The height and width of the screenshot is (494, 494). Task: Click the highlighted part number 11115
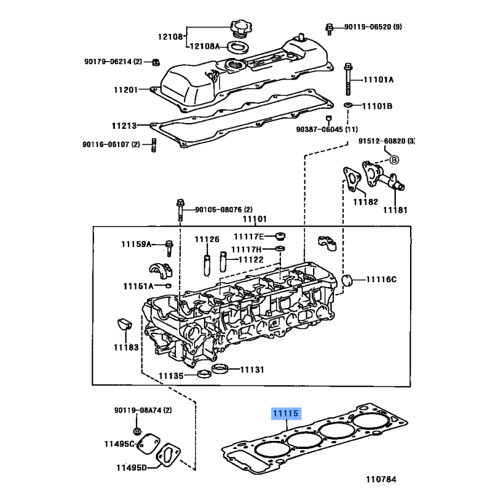[x=287, y=413]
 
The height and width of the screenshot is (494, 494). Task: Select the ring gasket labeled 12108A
[x=238, y=48]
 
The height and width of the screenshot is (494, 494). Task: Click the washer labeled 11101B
[x=348, y=104]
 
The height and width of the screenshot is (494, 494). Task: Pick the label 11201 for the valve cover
[x=126, y=90]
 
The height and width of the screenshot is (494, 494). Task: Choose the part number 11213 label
[x=124, y=126]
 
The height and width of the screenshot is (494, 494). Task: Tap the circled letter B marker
[x=394, y=160]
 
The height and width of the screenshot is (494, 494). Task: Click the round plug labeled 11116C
[x=348, y=280]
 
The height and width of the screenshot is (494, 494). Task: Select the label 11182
[x=365, y=202]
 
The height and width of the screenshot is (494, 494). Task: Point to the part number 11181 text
[x=395, y=210]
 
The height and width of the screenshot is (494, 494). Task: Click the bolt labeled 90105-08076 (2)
[x=180, y=210]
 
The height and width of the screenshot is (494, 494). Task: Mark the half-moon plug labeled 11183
[x=124, y=324]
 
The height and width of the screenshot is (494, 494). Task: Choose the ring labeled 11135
[x=204, y=374]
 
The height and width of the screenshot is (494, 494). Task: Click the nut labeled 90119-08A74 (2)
[x=137, y=431]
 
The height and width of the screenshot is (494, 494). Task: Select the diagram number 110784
[x=381, y=479]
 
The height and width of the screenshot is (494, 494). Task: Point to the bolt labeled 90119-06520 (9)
[x=329, y=29]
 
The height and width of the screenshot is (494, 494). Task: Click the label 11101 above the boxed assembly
[x=254, y=219]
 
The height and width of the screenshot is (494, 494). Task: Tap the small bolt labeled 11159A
[x=169, y=248]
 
